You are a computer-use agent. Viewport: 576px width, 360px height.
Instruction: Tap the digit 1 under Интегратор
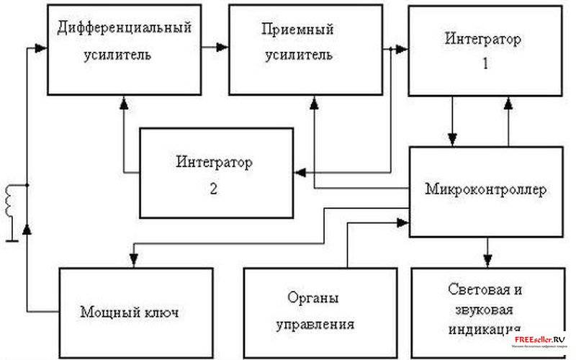[x=485, y=63]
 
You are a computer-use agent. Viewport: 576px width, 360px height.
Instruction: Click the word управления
[x=315, y=324]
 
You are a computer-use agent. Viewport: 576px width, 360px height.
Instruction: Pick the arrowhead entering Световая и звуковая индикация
[x=488, y=261]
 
